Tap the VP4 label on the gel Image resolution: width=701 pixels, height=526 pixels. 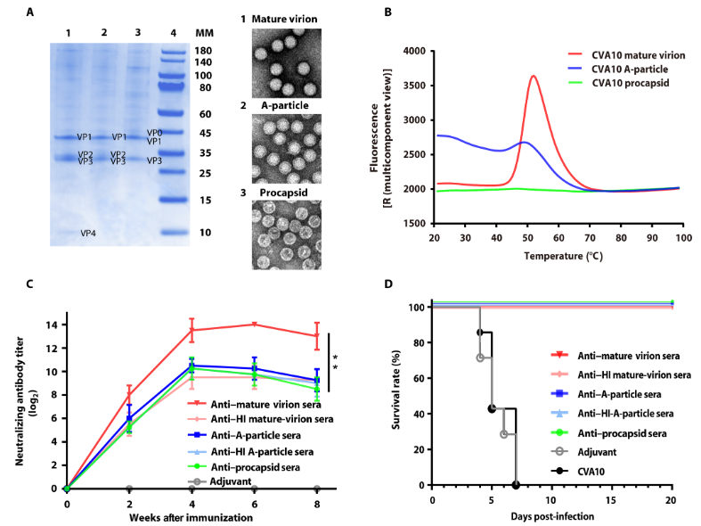pos(89,234)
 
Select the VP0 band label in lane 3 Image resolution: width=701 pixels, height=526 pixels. pos(154,133)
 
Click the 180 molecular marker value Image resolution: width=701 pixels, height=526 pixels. pos(204,50)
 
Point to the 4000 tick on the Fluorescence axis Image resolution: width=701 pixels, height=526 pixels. pos(411,51)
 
